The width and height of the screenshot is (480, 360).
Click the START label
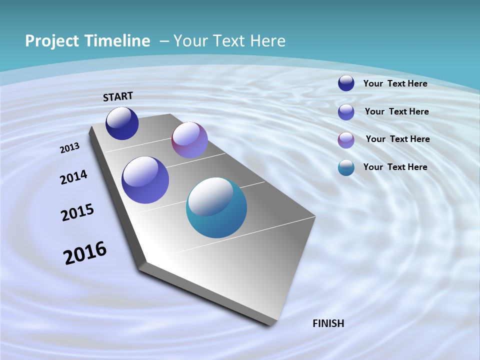[x=118, y=96]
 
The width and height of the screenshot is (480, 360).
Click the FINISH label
[x=328, y=323]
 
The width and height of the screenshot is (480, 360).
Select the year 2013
[x=69, y=148]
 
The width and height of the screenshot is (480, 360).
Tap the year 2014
[x=73, y=177]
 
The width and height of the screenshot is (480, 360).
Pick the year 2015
[x=77, y=212]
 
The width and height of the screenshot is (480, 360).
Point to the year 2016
[x=85, y=253]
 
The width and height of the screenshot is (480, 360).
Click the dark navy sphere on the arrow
[x=122, y=123]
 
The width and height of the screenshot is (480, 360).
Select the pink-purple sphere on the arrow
[x=189, y=140]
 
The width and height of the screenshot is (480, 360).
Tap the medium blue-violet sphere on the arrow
[x=145, y=180]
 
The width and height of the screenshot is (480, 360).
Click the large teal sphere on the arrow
[x=216, y=207]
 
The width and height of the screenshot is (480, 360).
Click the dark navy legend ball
[x=346, y=83]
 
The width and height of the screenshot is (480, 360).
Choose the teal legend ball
[x=346, y=167]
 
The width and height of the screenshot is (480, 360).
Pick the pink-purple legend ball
[x=346, y=140]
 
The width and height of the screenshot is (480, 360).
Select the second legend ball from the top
[x=346, y=112]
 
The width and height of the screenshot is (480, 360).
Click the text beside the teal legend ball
[x=395, y=167]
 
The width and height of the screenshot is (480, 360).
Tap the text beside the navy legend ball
[x=395, y=83]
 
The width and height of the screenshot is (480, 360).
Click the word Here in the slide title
[x=267, y=41]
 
